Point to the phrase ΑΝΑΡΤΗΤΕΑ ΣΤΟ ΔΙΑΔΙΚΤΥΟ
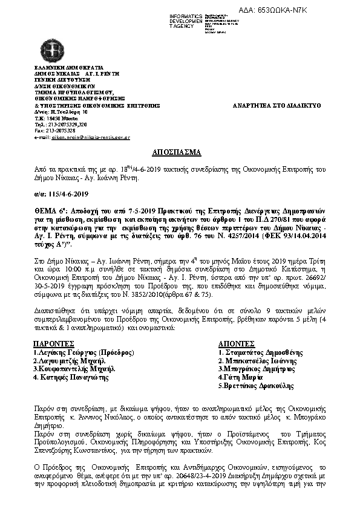pyautogui.click(x=277, y=105)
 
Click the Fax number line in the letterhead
pyautogui.click(x=55, y=130)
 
